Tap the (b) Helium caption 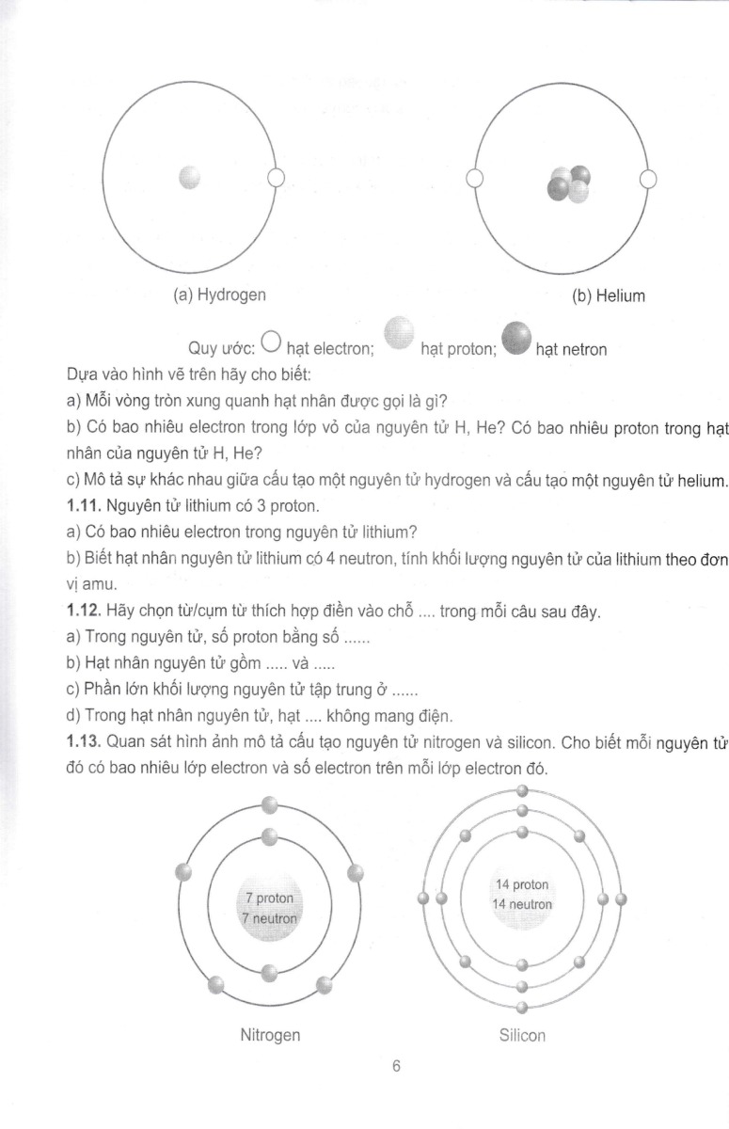coord(609,296)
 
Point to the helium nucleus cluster coord(570,184)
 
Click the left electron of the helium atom coord(475,178)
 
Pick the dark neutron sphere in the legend coord(516,337)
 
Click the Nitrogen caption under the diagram coord(270,1035)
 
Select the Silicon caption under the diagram coord(522,1035)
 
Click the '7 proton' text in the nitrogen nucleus coord(269,898)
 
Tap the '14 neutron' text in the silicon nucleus coord(522,904)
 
